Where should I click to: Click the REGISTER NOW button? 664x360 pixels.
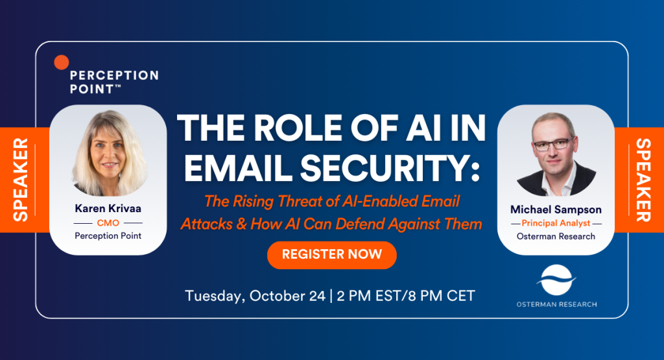331,254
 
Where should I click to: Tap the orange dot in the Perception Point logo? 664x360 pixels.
62,62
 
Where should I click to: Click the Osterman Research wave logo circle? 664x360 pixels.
556,280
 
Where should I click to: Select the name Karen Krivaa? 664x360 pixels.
108,208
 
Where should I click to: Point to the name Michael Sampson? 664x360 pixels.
556,210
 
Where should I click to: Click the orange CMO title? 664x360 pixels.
108,222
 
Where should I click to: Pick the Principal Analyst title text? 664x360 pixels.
556,223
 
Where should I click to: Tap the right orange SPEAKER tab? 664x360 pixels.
639,180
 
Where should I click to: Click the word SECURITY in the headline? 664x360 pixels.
390,168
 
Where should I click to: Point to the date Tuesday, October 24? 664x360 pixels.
255,296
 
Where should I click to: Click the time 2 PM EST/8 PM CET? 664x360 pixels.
406,296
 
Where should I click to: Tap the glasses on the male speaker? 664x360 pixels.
552,144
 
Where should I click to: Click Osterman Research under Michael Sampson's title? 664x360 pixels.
556,236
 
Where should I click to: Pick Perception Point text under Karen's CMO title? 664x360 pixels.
108,236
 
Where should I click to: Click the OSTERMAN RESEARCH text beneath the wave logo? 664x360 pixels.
556,304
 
